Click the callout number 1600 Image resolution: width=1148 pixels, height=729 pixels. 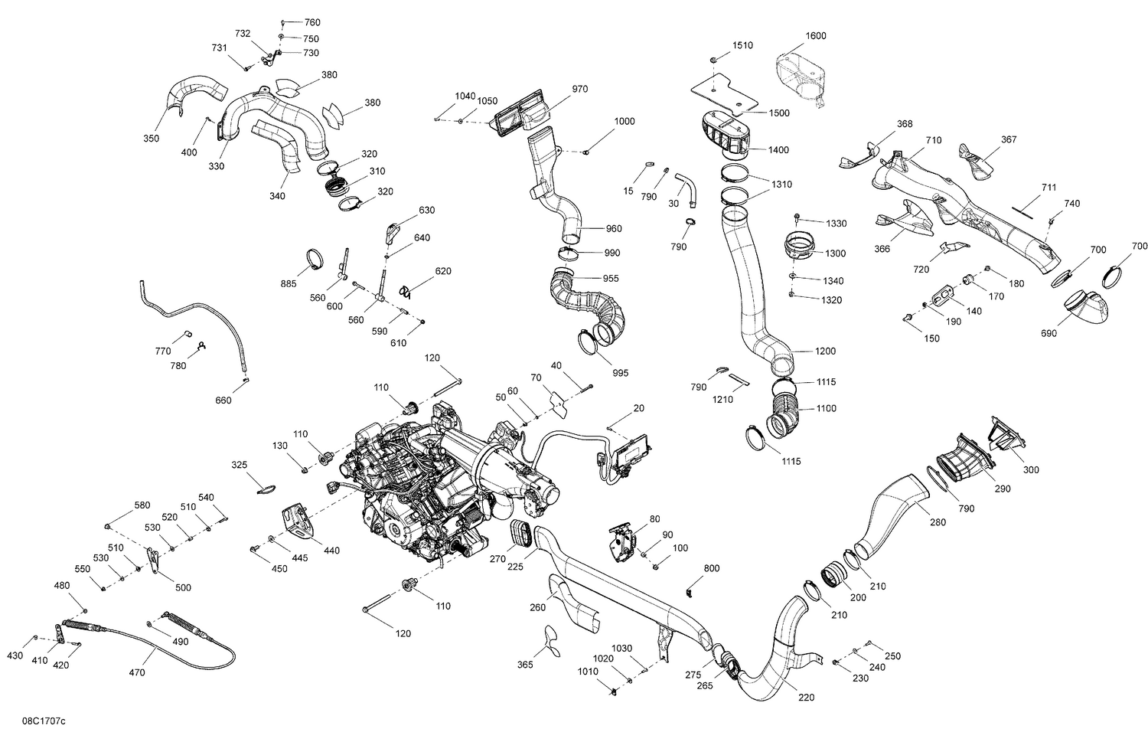coord(815,36)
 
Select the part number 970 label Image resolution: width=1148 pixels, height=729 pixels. coord(579,90)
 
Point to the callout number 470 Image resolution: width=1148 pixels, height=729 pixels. coord(136,673)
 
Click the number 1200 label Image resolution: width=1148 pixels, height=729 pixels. coord(825,351)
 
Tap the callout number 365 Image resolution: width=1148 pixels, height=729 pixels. coord(525,665)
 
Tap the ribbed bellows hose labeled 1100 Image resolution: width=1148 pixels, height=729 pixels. coord(784,414)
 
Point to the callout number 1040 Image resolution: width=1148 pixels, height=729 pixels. coord(465,96)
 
